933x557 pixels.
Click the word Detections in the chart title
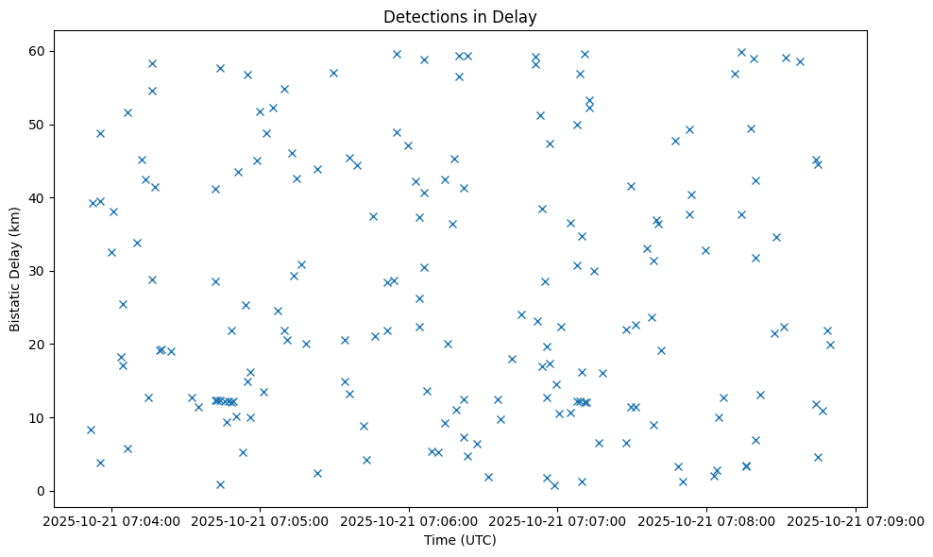(420, 17)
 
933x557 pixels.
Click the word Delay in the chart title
(517, 17)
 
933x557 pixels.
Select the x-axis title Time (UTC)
(460, 540)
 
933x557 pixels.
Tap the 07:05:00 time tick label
(261, 519)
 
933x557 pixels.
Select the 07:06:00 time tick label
(409, 519)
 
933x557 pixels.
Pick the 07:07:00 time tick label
(558, 519)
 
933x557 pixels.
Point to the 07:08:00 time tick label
(706, 519)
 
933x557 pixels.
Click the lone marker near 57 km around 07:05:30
(333, 73)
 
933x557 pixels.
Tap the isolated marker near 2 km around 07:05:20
(317, 473)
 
